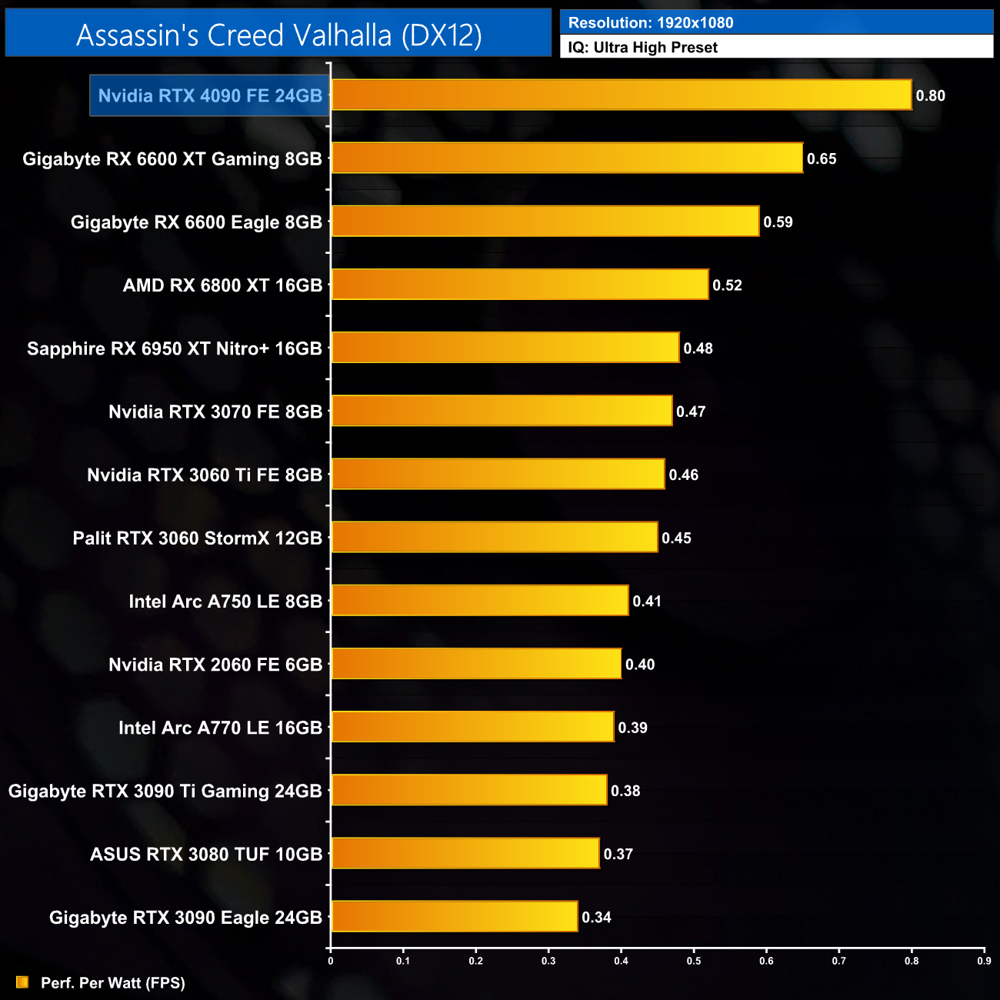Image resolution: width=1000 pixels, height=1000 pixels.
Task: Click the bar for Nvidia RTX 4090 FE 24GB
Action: tap(622, 95)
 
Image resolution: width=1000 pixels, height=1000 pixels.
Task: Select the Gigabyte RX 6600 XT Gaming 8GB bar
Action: tap(567, 158)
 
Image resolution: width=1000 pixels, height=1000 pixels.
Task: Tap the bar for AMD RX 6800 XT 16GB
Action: tap(520, 285)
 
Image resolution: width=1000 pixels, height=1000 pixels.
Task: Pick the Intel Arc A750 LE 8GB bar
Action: tap(480, 601)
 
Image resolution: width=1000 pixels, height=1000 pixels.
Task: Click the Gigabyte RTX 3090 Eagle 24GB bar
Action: tap(455, 917)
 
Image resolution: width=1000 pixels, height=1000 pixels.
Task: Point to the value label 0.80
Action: tap(930, 96)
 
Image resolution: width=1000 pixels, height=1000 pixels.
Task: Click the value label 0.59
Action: tap(778, 222)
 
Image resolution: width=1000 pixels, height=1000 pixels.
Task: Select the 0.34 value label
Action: tap(596, 917)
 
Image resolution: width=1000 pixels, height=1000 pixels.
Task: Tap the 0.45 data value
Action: tap(676, 538)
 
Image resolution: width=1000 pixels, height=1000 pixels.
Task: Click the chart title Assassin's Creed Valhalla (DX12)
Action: tap(278, 35)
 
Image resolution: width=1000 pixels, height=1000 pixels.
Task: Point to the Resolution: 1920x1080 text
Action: tap(651, 23)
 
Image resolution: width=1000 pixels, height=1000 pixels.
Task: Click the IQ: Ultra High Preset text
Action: tap(642, 48)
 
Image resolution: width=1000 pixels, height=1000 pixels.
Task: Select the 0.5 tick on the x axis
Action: tap(694, 961)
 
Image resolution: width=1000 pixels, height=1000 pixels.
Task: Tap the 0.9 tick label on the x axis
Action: tap(984, 961)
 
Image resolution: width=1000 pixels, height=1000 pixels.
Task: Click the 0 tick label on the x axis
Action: tap(331, 961)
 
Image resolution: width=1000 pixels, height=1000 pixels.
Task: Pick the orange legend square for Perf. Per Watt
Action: tap(22, 982)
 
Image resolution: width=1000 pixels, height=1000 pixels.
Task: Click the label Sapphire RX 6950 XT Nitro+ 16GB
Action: tap(175, 348)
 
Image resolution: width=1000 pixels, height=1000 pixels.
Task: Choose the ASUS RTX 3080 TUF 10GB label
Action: tap(206, 854)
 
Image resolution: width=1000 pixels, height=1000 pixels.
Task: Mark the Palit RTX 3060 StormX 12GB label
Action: tap(198, 538)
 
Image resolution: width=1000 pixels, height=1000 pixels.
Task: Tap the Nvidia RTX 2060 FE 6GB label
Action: tap(215, 665)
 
